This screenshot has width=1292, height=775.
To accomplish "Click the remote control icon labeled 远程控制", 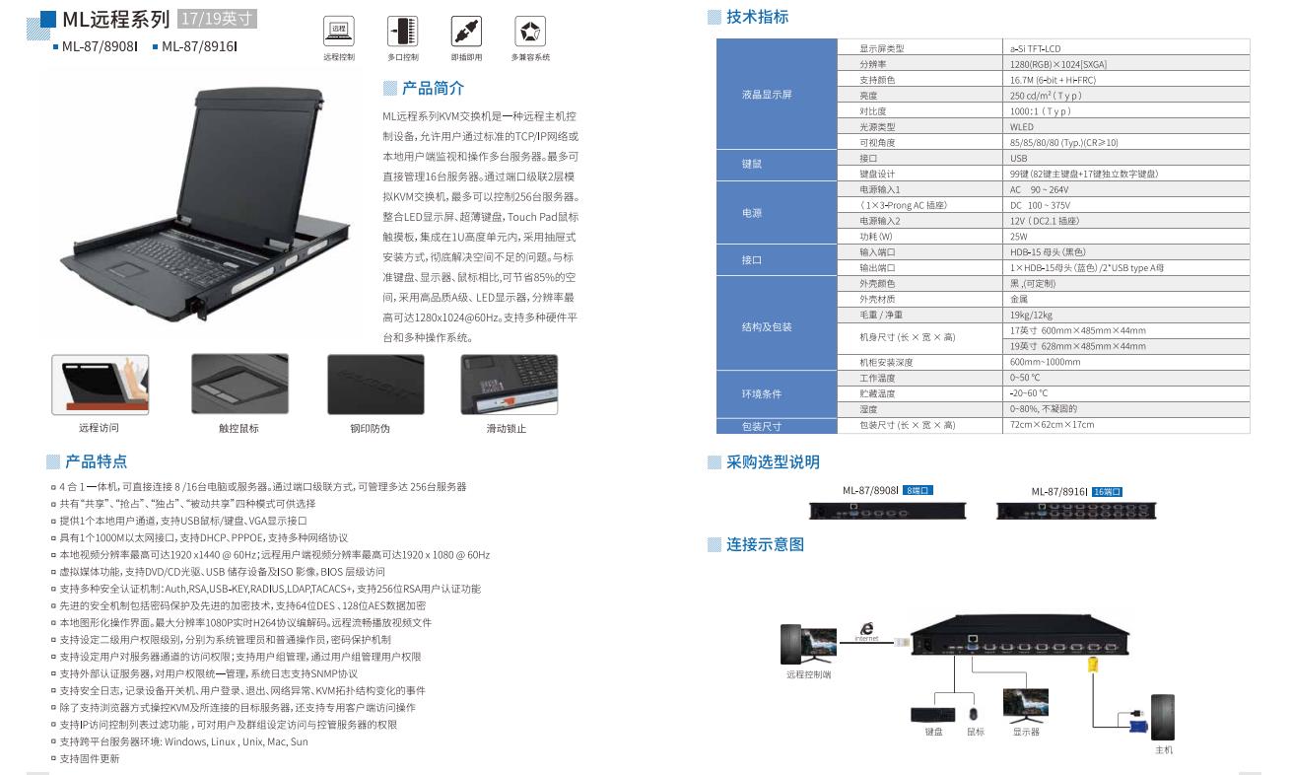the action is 339,32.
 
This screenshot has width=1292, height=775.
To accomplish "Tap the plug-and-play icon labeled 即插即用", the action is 466,32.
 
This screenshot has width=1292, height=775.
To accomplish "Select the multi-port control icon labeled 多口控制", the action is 403,32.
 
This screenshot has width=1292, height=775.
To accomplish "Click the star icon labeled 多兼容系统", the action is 529,32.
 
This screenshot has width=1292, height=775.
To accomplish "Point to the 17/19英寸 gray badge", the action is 217,19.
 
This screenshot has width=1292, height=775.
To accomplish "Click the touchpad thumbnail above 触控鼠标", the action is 239,384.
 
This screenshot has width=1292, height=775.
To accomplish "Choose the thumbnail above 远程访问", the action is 101,385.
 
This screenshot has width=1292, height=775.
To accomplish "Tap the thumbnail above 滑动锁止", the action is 510,385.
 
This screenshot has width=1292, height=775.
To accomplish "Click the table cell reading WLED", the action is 1022,127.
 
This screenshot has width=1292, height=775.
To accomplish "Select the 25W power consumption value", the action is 1019,237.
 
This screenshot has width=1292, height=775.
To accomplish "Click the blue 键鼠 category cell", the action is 777,165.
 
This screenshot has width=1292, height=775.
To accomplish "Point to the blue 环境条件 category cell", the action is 777,394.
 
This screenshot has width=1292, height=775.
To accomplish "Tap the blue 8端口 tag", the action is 918,490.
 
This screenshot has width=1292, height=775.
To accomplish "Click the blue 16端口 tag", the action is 1107,492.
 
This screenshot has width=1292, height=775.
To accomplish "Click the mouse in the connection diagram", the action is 973,715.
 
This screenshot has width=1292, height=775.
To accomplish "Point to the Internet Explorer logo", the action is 866,629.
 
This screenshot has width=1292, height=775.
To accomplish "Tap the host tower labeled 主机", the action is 1163,717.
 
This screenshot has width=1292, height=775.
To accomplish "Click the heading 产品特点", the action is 96,461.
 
